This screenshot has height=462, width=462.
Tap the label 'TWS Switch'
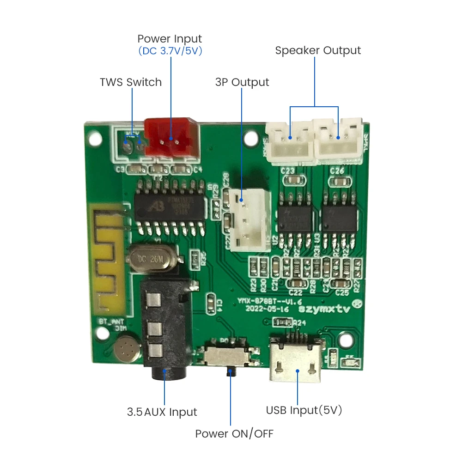pos(131,82)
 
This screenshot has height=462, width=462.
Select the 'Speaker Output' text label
pos(318,50)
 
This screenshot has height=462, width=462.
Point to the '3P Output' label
pos(242,82)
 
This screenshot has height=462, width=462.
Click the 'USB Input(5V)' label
pos(304,410)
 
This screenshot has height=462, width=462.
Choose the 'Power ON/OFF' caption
pos(234,434)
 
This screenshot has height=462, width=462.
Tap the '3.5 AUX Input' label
pos(162,412)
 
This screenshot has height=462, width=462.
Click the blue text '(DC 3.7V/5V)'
pos(170,51)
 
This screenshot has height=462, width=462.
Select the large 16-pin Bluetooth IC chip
pos(170,207)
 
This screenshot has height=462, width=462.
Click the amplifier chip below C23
pos(295,218)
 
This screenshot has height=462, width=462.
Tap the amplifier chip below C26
pos(340,218)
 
